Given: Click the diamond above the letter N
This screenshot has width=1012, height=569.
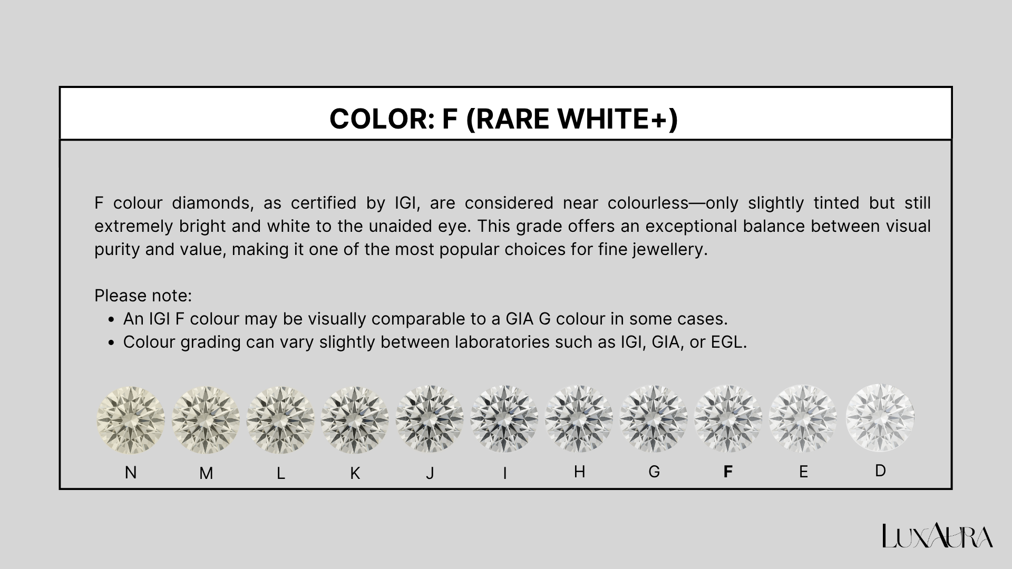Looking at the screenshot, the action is (131, 420).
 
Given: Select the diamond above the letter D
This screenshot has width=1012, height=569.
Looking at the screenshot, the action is (880, 418).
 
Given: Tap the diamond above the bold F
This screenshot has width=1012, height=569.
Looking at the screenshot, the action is (728, 419).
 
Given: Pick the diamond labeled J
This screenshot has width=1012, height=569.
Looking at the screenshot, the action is (430, 420).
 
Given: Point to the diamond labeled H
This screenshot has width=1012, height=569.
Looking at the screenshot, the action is (579, 419).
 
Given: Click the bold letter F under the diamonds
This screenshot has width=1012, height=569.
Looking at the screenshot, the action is (728, 472).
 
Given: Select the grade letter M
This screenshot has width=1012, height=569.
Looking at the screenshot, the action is (206, 474).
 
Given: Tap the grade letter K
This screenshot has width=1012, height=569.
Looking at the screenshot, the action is (355, 474).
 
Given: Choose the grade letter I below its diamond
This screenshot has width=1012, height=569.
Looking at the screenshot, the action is (504, 474).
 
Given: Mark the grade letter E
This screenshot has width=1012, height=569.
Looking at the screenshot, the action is (803, 472).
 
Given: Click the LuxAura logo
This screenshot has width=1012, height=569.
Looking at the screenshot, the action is (938, 536).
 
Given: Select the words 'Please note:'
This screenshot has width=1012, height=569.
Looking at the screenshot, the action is (143, 296).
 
